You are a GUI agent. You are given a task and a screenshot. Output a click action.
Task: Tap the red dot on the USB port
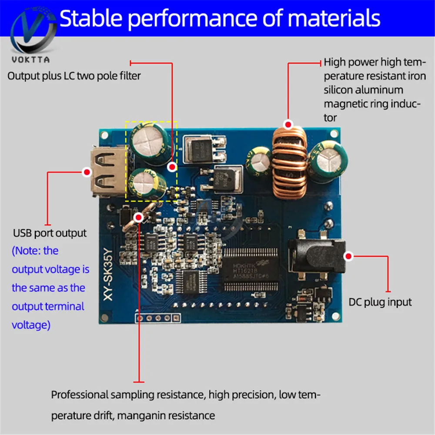pos(87,172)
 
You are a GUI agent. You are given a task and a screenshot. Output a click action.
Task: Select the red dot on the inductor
pos(288,125)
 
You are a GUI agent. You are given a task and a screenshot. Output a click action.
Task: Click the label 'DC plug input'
pos(380,302)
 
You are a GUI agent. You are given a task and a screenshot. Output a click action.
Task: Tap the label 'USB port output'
pos(50,233)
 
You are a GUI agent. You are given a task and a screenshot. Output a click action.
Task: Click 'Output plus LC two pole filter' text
pos(74,76)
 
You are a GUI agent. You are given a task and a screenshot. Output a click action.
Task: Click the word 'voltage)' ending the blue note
pos(31,325)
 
